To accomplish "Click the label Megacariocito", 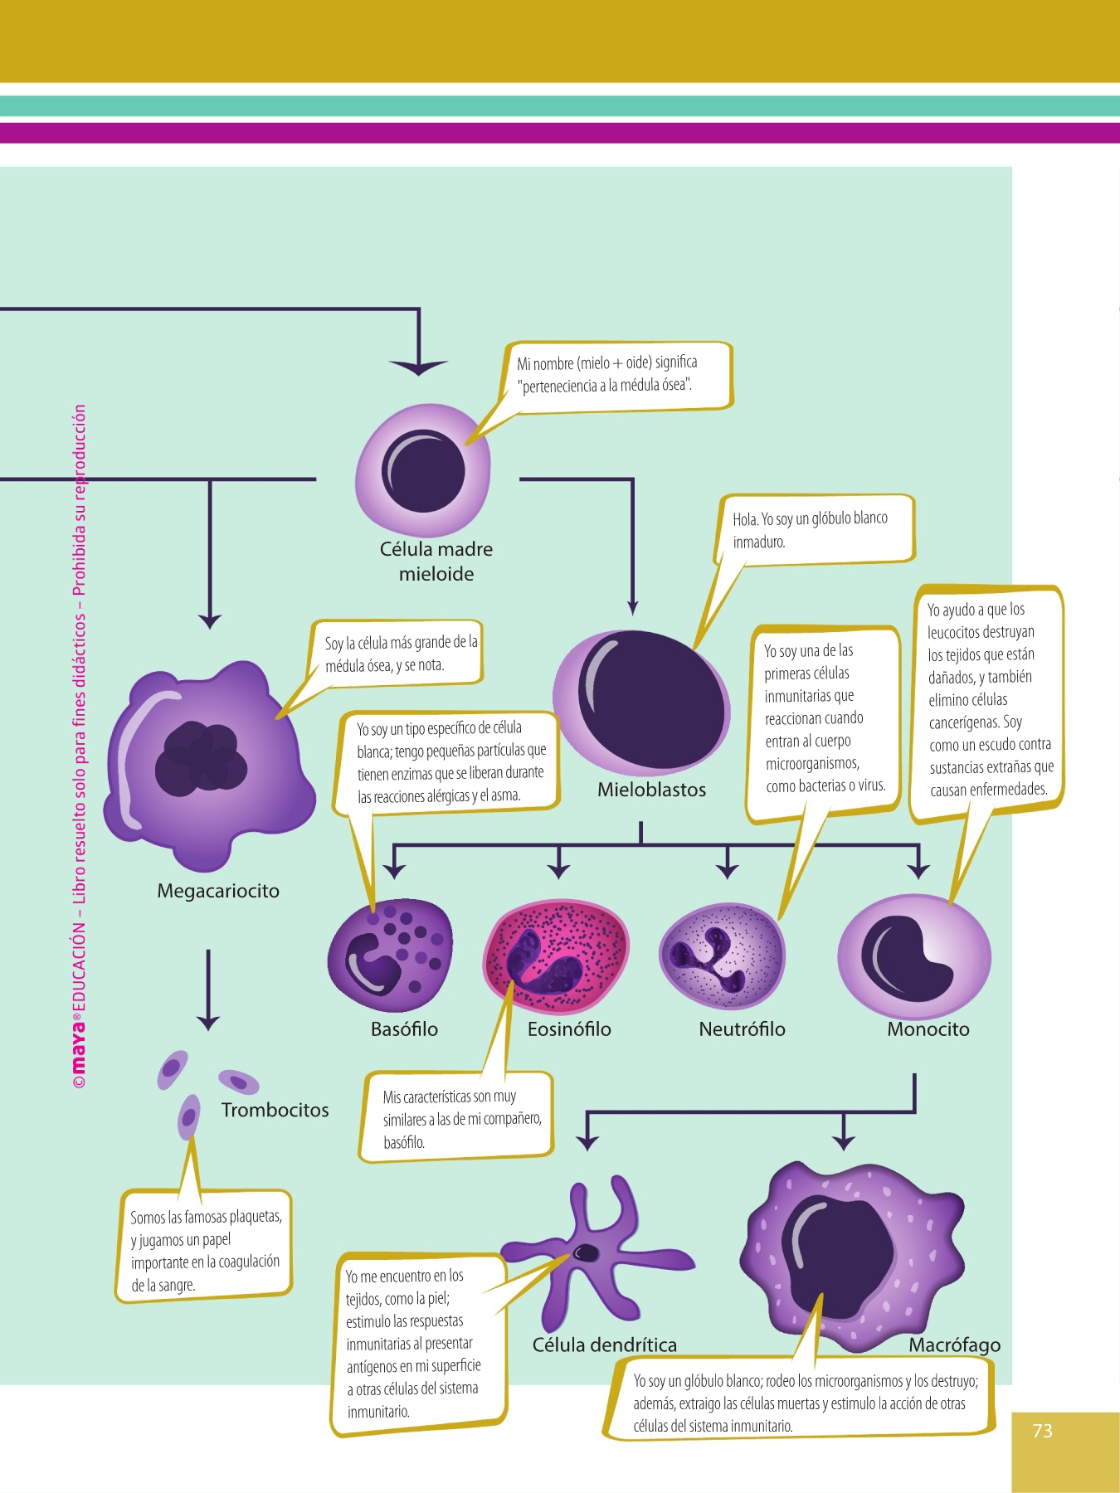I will pos(218,891).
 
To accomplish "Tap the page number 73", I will pos(1043,1431).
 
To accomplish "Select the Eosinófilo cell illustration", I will pos(556,957).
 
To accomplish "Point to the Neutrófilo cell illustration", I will pos(722,956).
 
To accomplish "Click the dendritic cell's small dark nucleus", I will pos(586,1252).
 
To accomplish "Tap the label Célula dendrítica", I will pos(604,1345).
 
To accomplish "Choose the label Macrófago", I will pos(954,1345).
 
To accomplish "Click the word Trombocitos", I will pos(275,1110).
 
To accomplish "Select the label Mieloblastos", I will pos(651,790).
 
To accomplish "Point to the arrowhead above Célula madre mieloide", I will pos(418,367).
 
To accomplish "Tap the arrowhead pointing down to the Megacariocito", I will pos(210,621).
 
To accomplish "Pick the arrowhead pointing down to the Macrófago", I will pos(844,1141).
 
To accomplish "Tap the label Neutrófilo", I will pos(742,1029).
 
